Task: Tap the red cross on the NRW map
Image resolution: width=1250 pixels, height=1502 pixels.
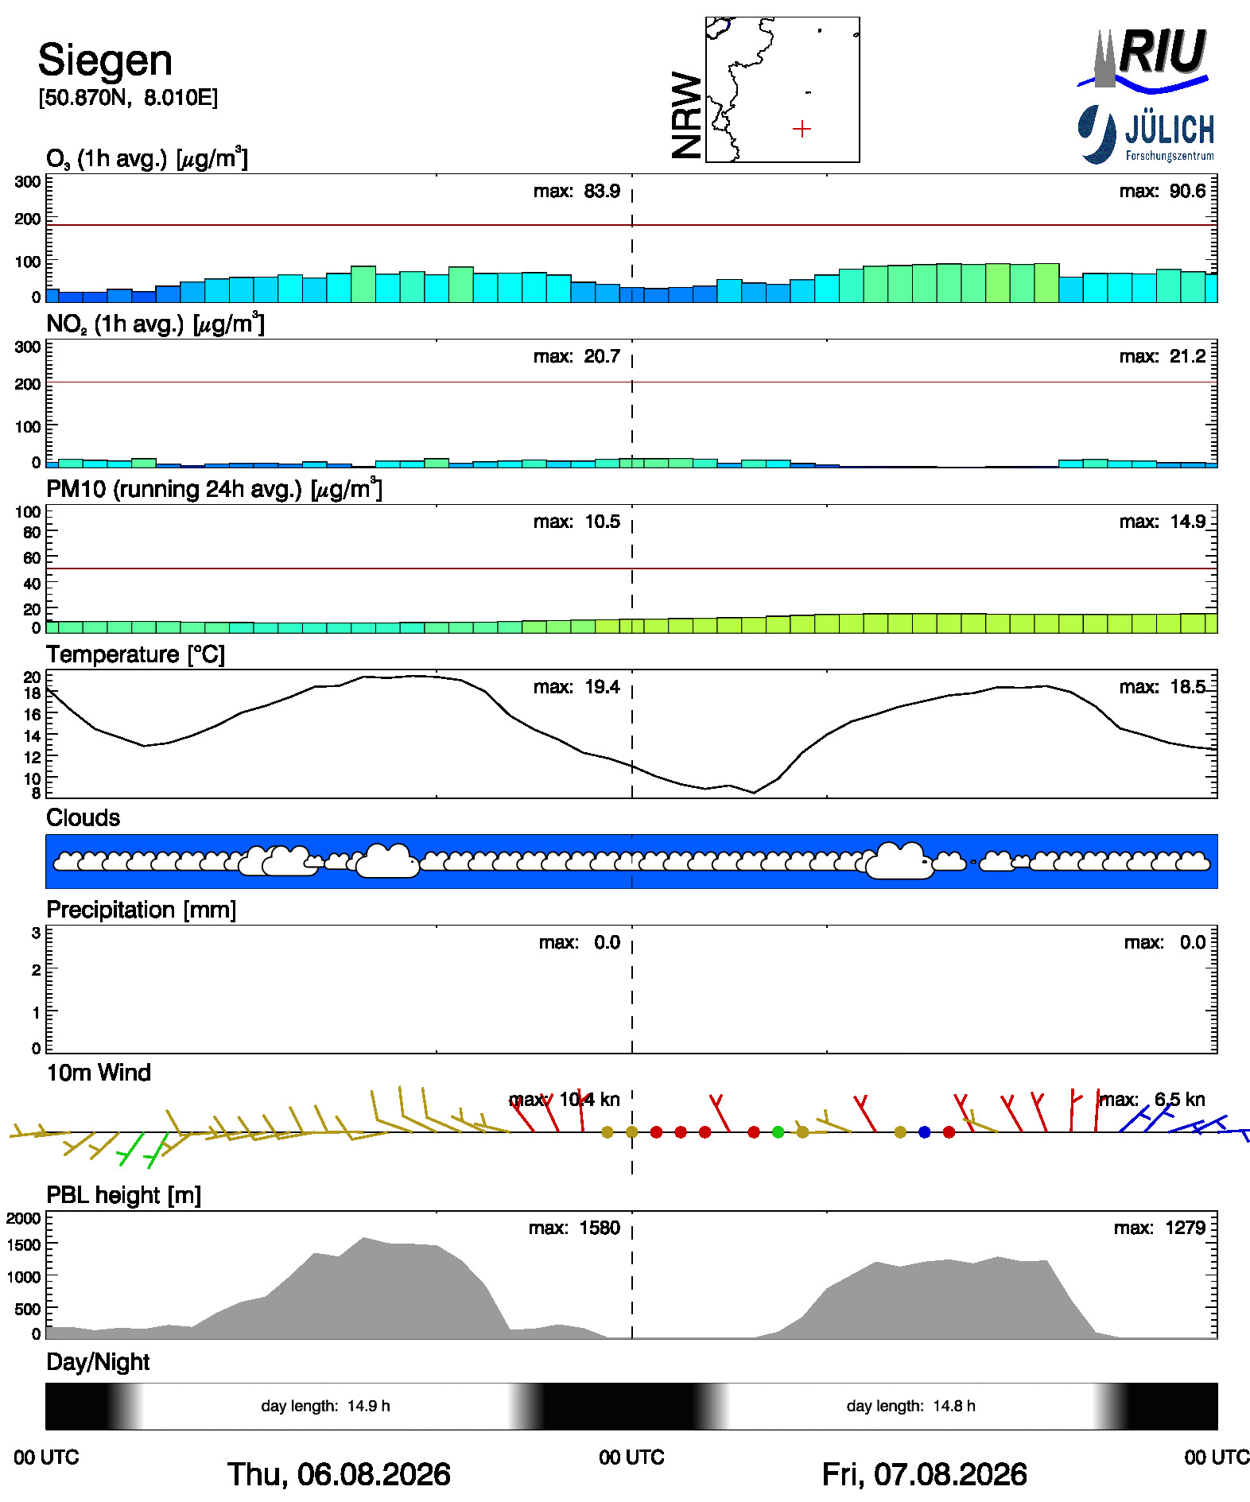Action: coord(802,129)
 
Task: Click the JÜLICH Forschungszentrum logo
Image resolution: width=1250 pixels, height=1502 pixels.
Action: coord(1146,134)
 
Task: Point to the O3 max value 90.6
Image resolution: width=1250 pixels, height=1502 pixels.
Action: coord(1183,192)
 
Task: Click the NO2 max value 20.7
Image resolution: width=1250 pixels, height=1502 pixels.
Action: coord(602,356)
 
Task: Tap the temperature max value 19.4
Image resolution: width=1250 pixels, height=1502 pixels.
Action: coord(602,687)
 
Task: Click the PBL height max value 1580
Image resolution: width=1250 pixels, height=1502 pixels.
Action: coord(600,1228)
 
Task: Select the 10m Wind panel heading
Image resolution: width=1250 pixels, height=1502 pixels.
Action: coord(99,1073)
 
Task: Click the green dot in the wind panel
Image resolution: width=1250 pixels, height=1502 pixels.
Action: coord(778,1131)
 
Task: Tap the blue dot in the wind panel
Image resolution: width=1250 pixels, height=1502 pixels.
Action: coord(924,1131)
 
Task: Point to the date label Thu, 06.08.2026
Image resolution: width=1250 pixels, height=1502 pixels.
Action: coord(339,1474)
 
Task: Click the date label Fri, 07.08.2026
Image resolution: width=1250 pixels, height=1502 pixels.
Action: coord(924,1474)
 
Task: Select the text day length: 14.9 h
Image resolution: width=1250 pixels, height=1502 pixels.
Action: coord(325,1406)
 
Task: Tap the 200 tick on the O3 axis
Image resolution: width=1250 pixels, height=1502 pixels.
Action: coord(28,219)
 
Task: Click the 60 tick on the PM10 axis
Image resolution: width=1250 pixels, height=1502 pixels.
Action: coord(32,557)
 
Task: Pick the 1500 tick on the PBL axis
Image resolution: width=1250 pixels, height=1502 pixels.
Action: coord(24,1244)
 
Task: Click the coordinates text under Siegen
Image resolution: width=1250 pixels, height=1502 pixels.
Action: coord(128,98)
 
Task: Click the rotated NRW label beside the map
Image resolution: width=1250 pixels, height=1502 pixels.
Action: coord(687,115)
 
